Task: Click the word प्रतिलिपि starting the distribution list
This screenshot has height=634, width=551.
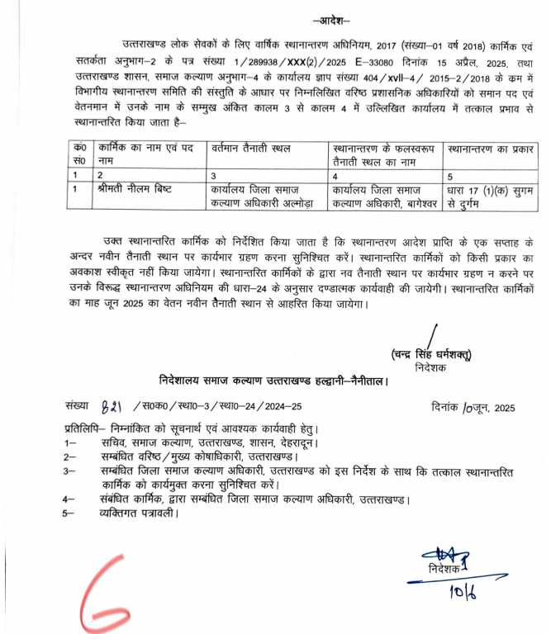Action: pos(85,430)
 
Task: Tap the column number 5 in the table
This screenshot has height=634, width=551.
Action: pos(449,175)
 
